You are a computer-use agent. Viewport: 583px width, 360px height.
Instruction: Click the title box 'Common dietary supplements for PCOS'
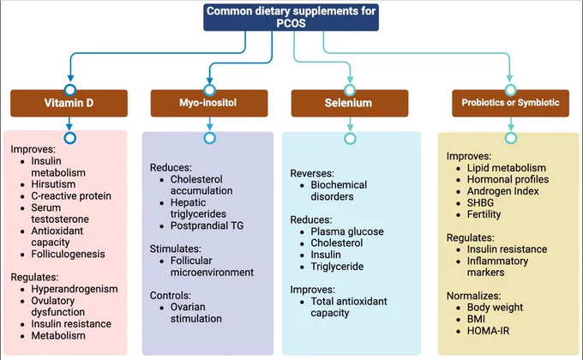[x=291, y=17]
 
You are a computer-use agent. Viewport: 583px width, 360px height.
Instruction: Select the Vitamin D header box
[x=69, y=103]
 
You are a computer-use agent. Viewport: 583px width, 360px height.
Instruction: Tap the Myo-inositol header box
[x=209, y=103]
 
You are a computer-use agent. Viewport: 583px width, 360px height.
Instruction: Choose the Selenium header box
[x=350, y=103]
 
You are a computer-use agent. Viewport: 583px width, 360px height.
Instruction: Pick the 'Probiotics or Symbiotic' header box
[x=510, y=103]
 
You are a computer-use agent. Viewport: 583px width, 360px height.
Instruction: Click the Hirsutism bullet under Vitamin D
[x=53, y=184]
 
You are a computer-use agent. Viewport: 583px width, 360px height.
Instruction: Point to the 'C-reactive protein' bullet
[x=71, y=196]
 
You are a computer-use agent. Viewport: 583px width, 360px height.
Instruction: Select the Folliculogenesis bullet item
[x=68, y=254]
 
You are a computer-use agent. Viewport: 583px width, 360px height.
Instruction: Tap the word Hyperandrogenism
[x=75, y=289]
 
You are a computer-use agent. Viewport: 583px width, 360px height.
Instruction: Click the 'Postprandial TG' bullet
[x=207, y=225]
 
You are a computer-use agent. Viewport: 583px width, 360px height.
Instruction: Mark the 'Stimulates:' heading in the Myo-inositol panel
[x=176, y=249]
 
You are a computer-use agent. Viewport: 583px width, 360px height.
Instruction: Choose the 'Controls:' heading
[x=171, y=296]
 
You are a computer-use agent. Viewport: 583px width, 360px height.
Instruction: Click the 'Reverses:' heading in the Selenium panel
[x=312, y=173]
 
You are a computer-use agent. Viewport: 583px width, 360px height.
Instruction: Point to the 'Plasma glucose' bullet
[x=347, y=231]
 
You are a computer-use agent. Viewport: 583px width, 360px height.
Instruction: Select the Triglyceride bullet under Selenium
[x=337, y=267]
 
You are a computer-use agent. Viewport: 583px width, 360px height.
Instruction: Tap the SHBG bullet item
[x=480, y=202]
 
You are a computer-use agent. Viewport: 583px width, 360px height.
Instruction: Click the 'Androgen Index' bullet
[x=503, y=191]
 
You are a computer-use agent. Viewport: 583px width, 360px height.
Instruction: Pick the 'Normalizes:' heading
[x=473, y=296]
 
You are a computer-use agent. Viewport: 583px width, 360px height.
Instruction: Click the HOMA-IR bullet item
[x=488, y=331]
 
